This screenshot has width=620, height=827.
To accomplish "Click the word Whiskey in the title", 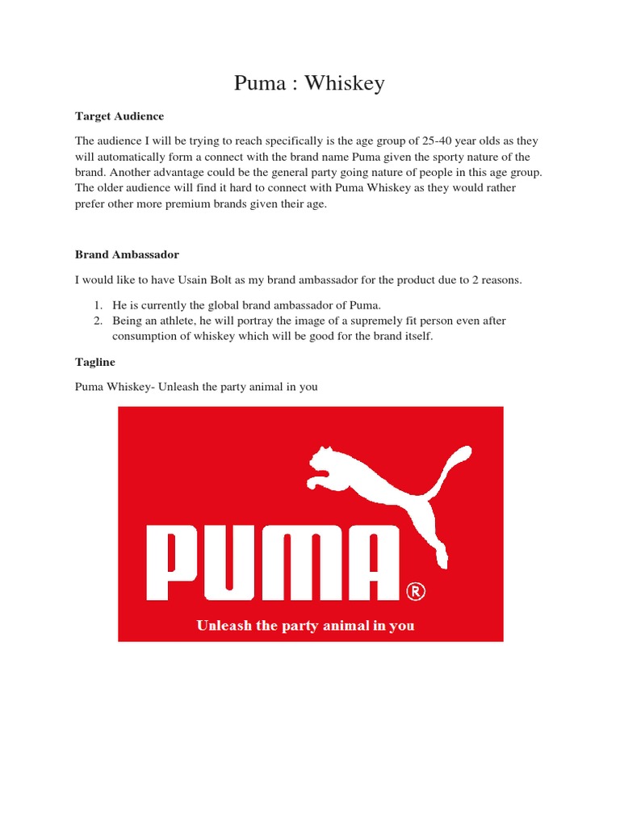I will coord(346,83).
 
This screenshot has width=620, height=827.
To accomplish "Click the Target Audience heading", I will coord(119,116).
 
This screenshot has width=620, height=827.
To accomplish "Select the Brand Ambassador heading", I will coord(127,254).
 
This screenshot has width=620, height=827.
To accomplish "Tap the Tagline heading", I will coord(95,363).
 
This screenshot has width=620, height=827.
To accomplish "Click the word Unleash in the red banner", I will coord(222,626).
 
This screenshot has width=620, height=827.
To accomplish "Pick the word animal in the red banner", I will coord(346,626).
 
